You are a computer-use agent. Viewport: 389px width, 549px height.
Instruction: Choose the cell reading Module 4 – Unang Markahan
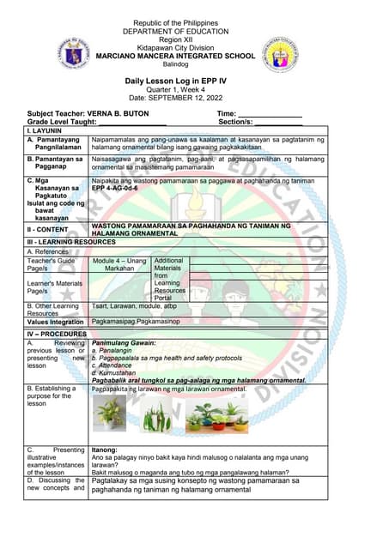point(119,240)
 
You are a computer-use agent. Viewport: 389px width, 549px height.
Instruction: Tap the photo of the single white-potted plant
point(109,413)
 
